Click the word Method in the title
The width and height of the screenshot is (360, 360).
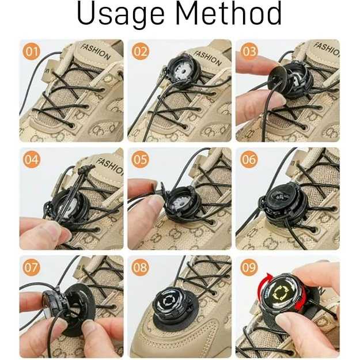pyautogui.click(x=229, y=13)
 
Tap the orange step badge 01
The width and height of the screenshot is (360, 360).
pyautogui.click(x=31, y=51)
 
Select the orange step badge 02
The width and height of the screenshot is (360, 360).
pyautogui.click(x=141, y=51)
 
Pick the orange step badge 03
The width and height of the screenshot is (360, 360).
pyautogui.click(x=249, y=51)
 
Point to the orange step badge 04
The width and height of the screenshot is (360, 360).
pyautogui.click(x=31, y=159)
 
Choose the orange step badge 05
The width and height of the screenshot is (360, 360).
pyautogui.click(x=141, y=159)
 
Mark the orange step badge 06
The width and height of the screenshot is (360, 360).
pyautogui.click(x=249, y=159)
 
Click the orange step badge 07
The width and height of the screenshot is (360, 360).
pyautogui.click(x=31, y=267)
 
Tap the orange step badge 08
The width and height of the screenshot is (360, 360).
pyautogui.click(x=141, y=267)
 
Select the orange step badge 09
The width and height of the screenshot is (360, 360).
pyautogui.click(x=249, y=267)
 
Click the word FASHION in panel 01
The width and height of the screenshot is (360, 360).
pyautogui.click(x=95, y=52)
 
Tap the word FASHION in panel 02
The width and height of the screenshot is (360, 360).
pyautogui.click(x=207, y=58)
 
